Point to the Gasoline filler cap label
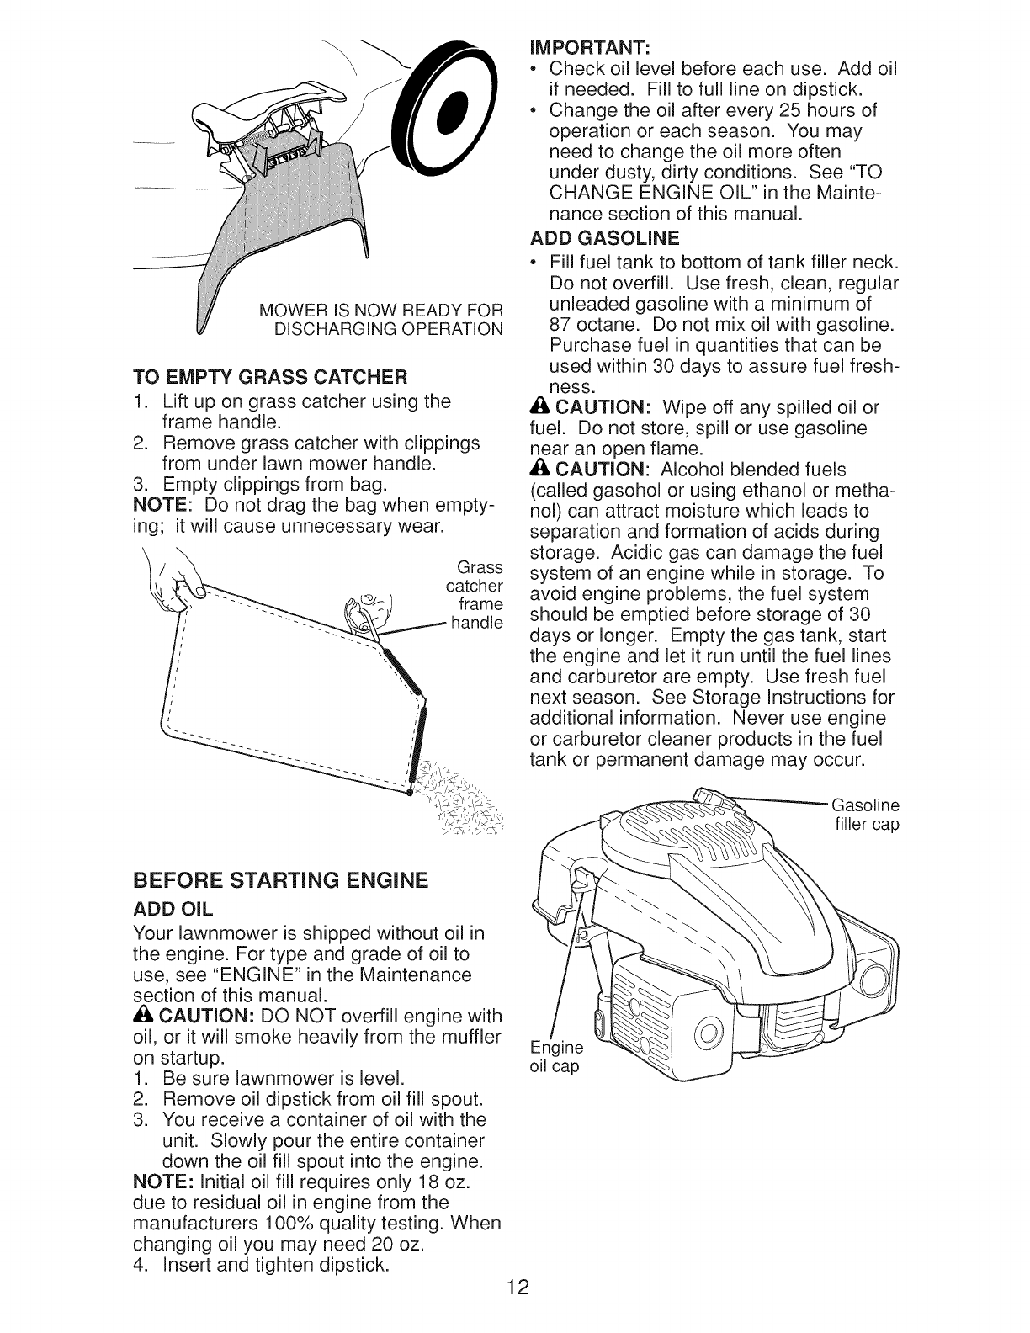[x=864, y=814]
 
